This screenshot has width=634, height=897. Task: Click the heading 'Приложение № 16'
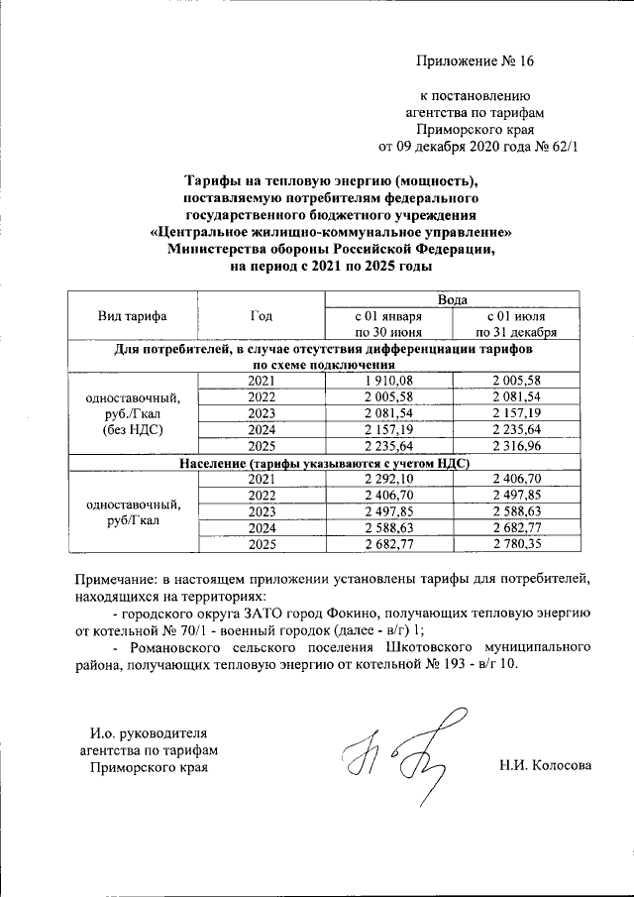coord(475,61)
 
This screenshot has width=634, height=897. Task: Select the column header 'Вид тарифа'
coord(132,316)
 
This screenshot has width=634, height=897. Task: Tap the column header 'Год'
coord(262,316)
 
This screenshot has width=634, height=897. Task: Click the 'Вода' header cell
coord(453,298)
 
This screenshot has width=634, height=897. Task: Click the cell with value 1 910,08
coord(388,382)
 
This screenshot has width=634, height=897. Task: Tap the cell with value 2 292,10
coord(388,480)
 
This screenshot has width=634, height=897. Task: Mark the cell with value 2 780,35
coord(515,543)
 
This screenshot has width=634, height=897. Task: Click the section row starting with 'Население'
coord(323,463)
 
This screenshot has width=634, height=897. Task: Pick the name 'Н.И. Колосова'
coord(546,765)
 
